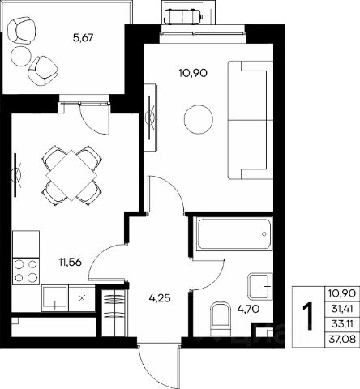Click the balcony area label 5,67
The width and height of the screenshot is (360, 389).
coord(83,37)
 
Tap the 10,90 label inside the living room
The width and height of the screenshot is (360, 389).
coord(193,73)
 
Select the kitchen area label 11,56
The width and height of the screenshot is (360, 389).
coord(71,262)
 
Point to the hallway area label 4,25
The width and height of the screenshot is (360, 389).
coord(160,298)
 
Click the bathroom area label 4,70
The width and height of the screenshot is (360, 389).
coord(248,309)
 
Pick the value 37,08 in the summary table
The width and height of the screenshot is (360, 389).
coord(342,339)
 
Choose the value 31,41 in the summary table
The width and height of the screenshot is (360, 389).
coord(342,308)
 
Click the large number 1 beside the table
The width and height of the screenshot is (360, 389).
coord(308,316)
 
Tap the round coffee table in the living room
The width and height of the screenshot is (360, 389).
coord(199,119)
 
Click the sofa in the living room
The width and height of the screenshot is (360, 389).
coord(251,120)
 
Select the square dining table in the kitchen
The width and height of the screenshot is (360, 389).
coord(71,175)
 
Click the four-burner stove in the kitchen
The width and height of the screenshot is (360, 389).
coord(26,271)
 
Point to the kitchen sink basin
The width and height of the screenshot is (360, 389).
coord(54,297)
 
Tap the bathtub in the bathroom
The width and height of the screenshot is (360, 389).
coord(234,235)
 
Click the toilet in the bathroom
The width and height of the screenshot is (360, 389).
coord(220,318)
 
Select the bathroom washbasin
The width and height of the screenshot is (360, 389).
coord(260,286)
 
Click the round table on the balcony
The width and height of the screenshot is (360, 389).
coord(21,56)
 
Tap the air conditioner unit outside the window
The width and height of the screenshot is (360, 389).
coord(183,16)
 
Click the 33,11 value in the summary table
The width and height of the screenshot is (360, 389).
coord(342,323)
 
